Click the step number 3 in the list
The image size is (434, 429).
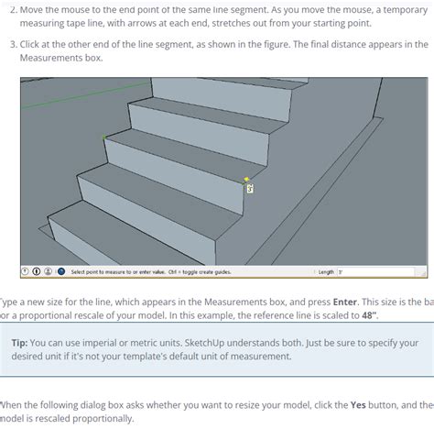coord(11,44)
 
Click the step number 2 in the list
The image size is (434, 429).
coord(11,8)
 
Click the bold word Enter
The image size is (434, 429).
coord(344,301)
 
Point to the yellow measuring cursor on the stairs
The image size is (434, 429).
coord(246,180)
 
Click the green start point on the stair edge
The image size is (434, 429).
coord(103,137)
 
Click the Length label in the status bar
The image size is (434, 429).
coord(327,271)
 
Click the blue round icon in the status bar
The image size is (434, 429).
coord(60,271)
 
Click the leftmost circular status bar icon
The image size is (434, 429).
coord(26,271)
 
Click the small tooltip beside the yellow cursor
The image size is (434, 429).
coord(251,189)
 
